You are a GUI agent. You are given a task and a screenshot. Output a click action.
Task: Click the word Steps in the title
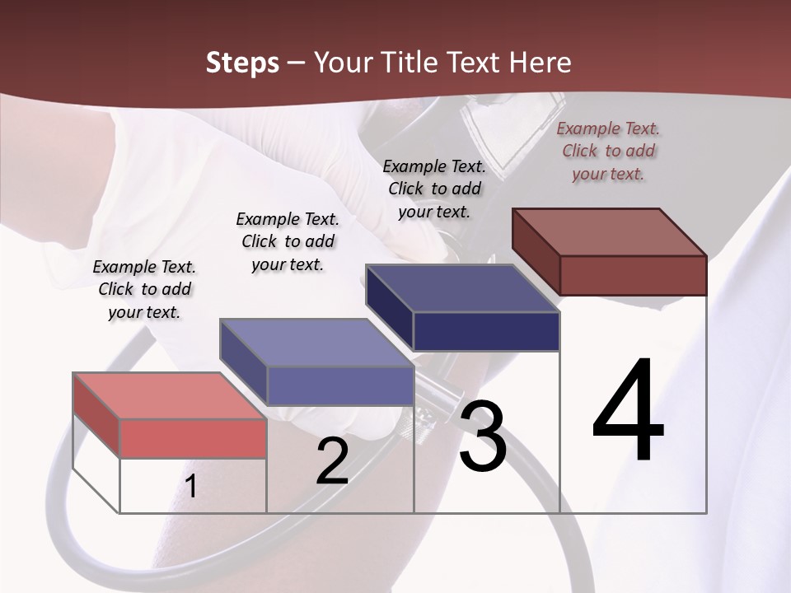click(x=241, y=63)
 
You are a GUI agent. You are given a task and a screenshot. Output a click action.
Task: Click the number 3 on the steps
click(x=482, y=437)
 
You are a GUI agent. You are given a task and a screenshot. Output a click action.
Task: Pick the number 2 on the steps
click(x=332, y=461)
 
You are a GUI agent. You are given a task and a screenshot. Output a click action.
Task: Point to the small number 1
click(x=190, y=487)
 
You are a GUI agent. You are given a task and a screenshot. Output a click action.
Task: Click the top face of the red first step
click(x=169, y=395)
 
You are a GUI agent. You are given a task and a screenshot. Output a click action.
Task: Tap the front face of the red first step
click(x=193, y=438)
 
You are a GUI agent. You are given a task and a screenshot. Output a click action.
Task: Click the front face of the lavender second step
click(x=339, y=385)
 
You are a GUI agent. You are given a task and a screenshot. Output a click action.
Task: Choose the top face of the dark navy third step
click(x=462, y=288)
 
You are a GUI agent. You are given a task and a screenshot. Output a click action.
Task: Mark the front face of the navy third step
click(x=486, y=331)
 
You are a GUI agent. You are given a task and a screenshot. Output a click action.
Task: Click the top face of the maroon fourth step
click(x=609, y=232)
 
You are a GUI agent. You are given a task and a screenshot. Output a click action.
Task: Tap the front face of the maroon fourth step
click(x=633, y=275)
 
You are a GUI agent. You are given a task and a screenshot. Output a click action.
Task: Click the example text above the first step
click(x=144, y=289)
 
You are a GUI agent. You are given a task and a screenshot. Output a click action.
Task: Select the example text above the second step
click(x=288, y=241)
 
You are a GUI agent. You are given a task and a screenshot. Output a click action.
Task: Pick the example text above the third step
click(x=434, y=189)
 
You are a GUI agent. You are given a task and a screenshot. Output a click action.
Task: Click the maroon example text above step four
click(x=608, y=151)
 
